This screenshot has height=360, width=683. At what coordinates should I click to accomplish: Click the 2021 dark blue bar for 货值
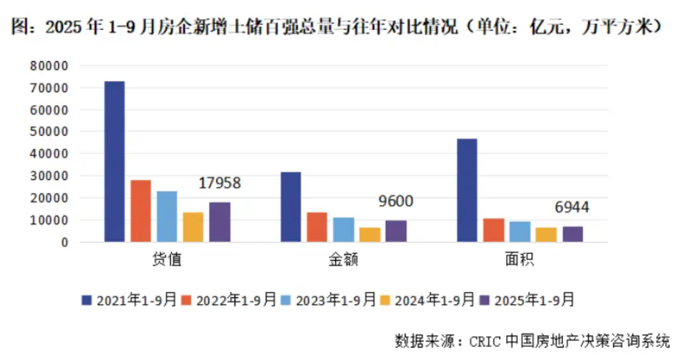point(114,161)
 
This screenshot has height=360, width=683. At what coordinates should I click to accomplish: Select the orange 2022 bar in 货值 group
point(141,211)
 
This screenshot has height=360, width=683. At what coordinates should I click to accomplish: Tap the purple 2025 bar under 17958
point(219,222)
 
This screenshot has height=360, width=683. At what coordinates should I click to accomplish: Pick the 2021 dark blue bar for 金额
point(291,207)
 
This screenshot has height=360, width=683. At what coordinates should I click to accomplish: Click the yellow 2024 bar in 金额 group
point(370,234)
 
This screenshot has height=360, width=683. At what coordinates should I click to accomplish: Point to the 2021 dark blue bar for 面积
point(467,190)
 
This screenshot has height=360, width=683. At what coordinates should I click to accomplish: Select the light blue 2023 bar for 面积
point(520,231)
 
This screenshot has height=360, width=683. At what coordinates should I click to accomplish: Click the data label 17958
point(219,183)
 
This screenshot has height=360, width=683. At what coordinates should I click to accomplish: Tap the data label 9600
point(395,202)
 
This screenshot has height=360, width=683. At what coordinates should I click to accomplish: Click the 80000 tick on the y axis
point(52,65)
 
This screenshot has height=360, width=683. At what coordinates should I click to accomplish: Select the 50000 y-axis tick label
point(52,132)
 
